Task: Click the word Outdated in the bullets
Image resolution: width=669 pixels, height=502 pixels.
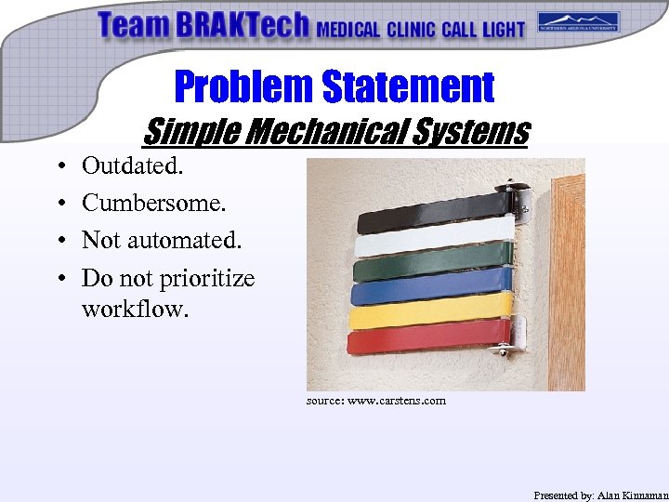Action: (132, 166)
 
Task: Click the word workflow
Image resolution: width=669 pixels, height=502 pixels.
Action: (134, 308)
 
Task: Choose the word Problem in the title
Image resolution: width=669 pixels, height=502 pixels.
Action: (244, 87)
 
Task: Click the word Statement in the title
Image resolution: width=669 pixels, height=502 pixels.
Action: (408, 87)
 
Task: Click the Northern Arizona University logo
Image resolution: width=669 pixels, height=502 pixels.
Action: (578, 21)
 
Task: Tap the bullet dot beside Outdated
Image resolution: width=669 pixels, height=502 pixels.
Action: (59, 167)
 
